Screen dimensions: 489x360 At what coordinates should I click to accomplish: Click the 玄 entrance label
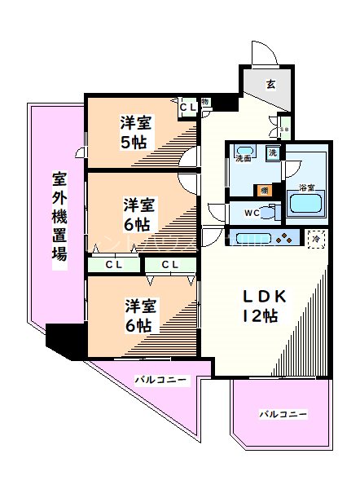(x=271, y=82)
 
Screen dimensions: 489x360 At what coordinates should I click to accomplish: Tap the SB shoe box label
(x=284, y=129)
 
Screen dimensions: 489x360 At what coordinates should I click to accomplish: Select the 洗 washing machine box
(x=274, y=152)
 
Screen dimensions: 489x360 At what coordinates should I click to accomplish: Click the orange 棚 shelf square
(x=266, y=190)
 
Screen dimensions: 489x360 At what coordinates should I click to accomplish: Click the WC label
(x=251, y=214)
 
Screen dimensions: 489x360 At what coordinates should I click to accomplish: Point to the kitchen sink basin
(x=248, y=239)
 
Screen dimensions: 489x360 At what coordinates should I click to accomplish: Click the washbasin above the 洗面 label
(x=244, y=151)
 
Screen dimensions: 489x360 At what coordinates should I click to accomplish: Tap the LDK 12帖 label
(x=258, y=305)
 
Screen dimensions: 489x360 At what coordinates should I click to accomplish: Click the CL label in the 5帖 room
(x=187, y=106)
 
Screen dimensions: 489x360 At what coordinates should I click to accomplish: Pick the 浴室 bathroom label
(x=306, y=187)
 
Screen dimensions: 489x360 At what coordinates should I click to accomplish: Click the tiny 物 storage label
(x=204, y=102)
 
